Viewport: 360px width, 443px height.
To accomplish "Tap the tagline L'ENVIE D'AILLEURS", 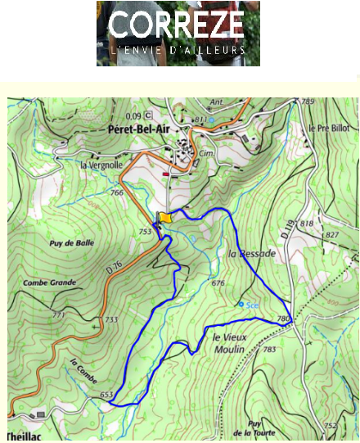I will tap(178, 50).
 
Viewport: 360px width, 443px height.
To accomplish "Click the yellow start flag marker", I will tap(165, 217).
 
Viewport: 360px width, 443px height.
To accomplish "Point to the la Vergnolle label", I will tap(101, 164).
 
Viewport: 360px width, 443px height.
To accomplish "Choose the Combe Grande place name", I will tap(51, 283).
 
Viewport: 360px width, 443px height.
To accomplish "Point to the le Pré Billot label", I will tap(329, 129).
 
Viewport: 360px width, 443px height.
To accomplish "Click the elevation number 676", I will tap(218, 283).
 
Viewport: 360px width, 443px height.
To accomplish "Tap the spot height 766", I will tap(117, 192).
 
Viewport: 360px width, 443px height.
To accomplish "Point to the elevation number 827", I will tap(331, 235).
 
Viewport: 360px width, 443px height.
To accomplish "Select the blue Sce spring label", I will tap(253, 305).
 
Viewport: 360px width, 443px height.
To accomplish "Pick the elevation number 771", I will tap(58, 315).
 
